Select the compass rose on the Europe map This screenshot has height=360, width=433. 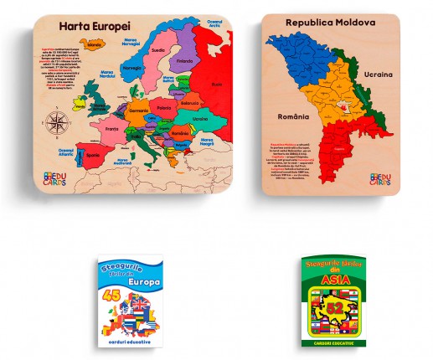click(x=58, y=125)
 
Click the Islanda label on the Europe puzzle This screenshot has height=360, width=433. click(x=93, y=44)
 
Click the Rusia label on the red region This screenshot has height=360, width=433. click(x=216, y=84)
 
